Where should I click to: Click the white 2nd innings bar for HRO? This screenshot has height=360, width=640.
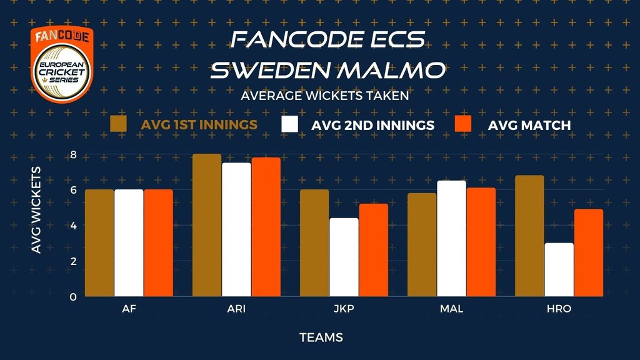(x=559, y=270)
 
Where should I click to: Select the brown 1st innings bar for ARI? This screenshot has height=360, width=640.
(x=207, y=225)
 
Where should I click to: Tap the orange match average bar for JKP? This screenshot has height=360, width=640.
(x=374, y=250)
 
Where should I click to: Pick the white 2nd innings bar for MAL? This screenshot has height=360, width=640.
(x=451, y=238)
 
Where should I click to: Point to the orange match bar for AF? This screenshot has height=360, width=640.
(x=158, y=243)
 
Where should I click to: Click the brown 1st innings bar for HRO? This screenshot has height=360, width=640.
(x=529, y=236)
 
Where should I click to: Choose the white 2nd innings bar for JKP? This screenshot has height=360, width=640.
(x=344, y=257)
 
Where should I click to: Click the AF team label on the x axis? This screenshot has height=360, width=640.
(x=129, y=309)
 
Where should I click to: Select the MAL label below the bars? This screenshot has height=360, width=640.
(x=451, y=309)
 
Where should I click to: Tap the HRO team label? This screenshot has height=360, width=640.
(x=559, y=309)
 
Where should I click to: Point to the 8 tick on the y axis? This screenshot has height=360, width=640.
(x=74, y=155)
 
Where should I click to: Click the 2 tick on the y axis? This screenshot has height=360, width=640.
(x=74, y=261)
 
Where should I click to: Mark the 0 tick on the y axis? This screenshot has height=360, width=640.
(x=73, y=297)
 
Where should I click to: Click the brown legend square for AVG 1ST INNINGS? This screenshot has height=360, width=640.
(x=118, y=124)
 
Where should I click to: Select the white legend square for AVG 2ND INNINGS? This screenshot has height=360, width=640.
(x=289, y=124)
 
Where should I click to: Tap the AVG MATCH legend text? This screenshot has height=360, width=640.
(x=529, y=125)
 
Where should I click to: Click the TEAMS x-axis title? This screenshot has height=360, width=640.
(x=321, y=337)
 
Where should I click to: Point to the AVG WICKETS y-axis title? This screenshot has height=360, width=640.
(x=36, y=210)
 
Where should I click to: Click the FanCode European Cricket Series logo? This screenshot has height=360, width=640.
(x=62, y=64)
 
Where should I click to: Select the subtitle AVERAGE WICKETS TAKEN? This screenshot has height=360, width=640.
(x=324, y=96)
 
